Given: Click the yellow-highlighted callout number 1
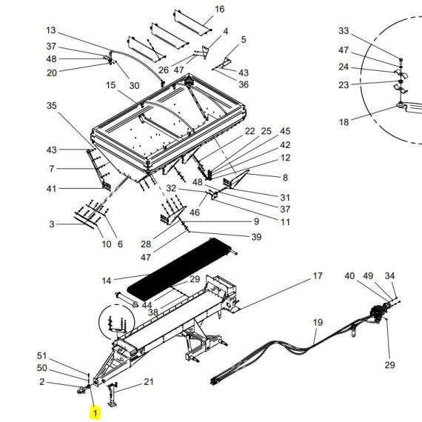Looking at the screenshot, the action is pos(95,413).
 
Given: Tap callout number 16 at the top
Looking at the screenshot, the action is pos(220,9).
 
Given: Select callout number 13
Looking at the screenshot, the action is pos(51,30).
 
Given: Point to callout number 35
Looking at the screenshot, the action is pos(52,105).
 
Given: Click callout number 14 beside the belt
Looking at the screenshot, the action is pos(107,281).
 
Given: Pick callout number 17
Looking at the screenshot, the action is pos(318,276).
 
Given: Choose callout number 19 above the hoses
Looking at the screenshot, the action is pos(318,322).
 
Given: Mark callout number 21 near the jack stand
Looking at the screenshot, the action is pos(149,381).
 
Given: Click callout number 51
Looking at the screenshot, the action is pos(41,356).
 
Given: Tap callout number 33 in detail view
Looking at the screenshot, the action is pos(344,30).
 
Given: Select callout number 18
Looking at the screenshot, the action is pos(344,122).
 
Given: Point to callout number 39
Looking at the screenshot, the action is pos(256,237).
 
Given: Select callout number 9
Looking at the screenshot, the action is pos(256,221).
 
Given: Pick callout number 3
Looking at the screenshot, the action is pos(52,224).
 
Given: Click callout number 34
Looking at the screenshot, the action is pos(389,276).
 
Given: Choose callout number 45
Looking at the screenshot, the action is pos(285,131).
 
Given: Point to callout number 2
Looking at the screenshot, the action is pos(41,381).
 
